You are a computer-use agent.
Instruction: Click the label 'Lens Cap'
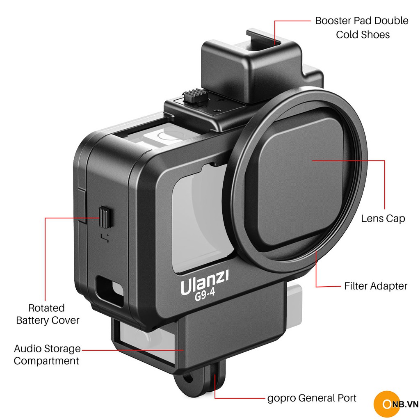point(383,219)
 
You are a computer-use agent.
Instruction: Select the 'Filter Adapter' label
point(376,286)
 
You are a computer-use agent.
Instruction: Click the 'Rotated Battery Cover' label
point(47,314)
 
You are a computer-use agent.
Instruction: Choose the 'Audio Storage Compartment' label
point(47,355)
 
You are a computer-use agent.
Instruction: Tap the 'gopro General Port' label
point(312,398)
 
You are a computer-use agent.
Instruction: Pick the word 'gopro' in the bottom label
point(281,398)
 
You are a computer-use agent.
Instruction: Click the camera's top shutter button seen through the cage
point(164,136)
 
